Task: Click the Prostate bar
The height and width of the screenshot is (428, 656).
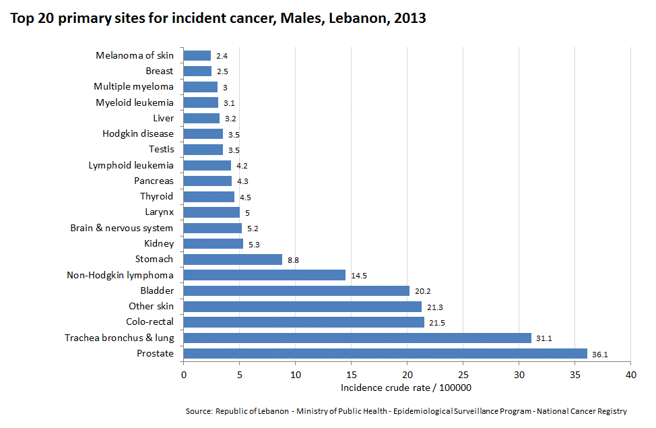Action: pos(385,353)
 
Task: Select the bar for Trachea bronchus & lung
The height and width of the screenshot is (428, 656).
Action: pos(357,338)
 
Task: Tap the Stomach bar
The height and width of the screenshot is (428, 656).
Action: pos(232,259)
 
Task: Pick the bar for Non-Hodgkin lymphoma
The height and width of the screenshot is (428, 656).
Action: pos(264,275)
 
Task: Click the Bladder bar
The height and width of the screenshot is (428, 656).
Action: pos(296,291)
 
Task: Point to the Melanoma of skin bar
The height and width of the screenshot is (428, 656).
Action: pos(197,55)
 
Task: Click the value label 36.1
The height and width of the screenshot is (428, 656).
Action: pos(600,355)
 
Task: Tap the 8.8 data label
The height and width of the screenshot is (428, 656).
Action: pos(293,259)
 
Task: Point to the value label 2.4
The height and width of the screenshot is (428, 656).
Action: pos(222,56)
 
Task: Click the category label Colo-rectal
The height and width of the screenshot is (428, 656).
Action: pos(150,322)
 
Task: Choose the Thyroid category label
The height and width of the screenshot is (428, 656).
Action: pos(156,196)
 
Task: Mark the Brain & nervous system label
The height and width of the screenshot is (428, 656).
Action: pos(122,228)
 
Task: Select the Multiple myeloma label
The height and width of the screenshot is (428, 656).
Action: pos(133,86)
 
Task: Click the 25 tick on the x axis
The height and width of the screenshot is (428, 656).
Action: pos(463,374)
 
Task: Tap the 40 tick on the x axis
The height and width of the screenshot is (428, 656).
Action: pos(630,374)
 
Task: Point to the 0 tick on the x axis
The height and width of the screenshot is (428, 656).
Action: pos(183,374)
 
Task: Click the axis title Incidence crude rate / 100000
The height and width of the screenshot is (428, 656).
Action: pos(405,388)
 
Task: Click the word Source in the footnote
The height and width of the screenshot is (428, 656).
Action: pos(198,411)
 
